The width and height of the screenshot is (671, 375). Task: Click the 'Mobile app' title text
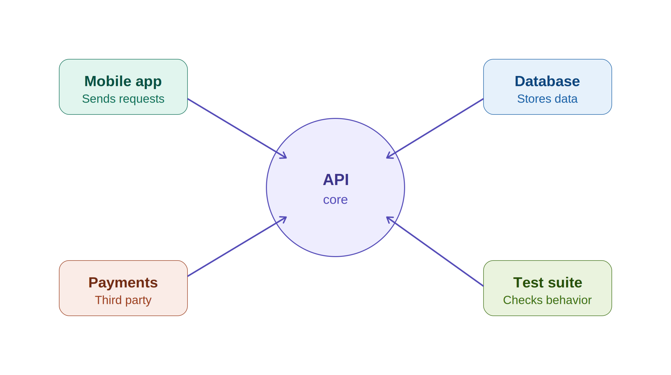point(123,81)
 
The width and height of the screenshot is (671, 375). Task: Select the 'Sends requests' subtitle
point(123,99)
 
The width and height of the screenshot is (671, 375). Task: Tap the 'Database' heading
point(547,81)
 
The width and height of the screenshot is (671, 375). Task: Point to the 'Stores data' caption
point(547,99)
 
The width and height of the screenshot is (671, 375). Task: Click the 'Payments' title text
point(123,282)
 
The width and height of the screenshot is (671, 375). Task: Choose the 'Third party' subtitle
point(123,300)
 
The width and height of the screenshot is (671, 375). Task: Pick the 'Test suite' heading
point(548,282)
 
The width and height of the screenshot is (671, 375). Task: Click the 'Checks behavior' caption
point(547,300)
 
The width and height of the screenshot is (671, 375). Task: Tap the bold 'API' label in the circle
point(335,180)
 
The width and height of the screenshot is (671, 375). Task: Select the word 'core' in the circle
point(335,200)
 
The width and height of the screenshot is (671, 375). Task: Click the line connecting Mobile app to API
point(237,128)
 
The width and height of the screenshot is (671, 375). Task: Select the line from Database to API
point(435,128)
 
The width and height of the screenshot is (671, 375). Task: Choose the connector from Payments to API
point(237,247)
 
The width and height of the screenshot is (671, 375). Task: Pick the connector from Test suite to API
point(435,252)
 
